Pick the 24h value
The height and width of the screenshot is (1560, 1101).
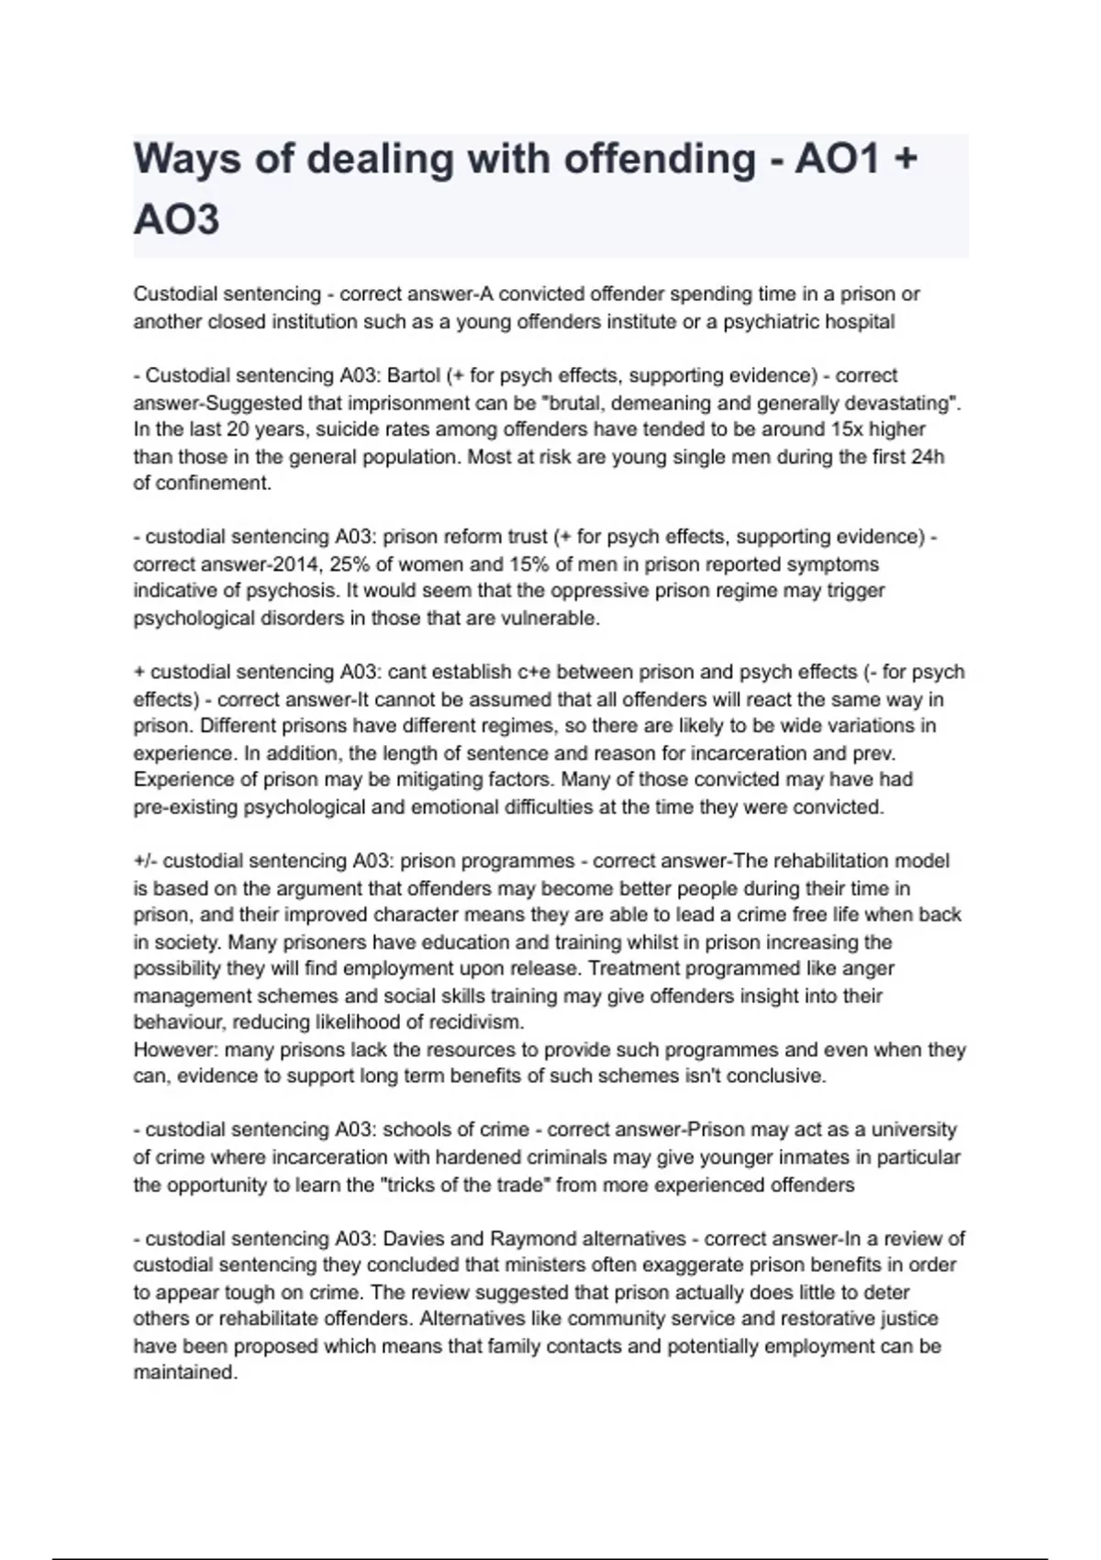928,456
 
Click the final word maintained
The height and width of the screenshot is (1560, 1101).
184,1374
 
